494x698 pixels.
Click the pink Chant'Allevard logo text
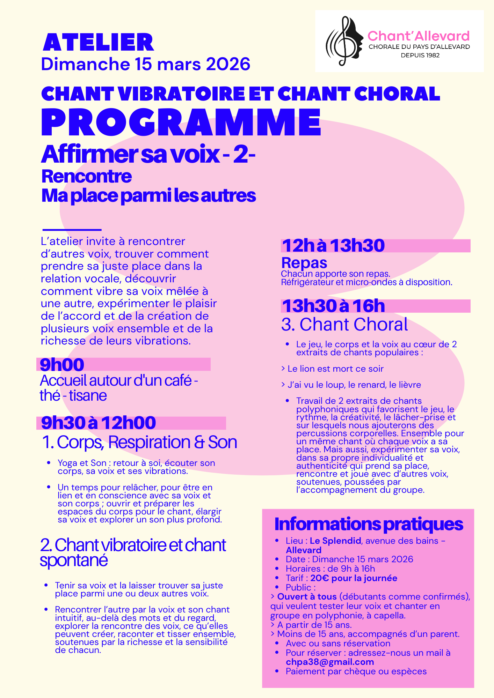(x=419, y=36)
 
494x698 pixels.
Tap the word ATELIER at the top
(x=98, y=43)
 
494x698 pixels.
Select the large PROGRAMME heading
(x=181, y=122)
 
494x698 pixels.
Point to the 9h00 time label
(x=62, y=365)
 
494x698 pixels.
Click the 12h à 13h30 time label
(x=333, y=246)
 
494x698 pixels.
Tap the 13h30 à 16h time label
(x=333, y=306)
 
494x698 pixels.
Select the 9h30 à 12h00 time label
(x=99, y=423)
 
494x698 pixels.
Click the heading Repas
(x=304, y=262)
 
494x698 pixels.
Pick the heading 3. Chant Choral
(x=344, y=324)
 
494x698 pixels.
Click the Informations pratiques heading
(x=369, y=524)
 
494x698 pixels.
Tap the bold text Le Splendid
(x=335, y=541)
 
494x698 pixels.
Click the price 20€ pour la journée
(x=354, y=578)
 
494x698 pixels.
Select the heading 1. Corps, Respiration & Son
(x=139, y=442)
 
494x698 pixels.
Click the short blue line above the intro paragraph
(x=72, y=230)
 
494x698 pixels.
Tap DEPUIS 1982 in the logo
(x=420, y=55)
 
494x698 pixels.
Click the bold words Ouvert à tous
(x=307, y=597)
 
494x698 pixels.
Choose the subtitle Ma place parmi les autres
(x=148, y=196)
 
